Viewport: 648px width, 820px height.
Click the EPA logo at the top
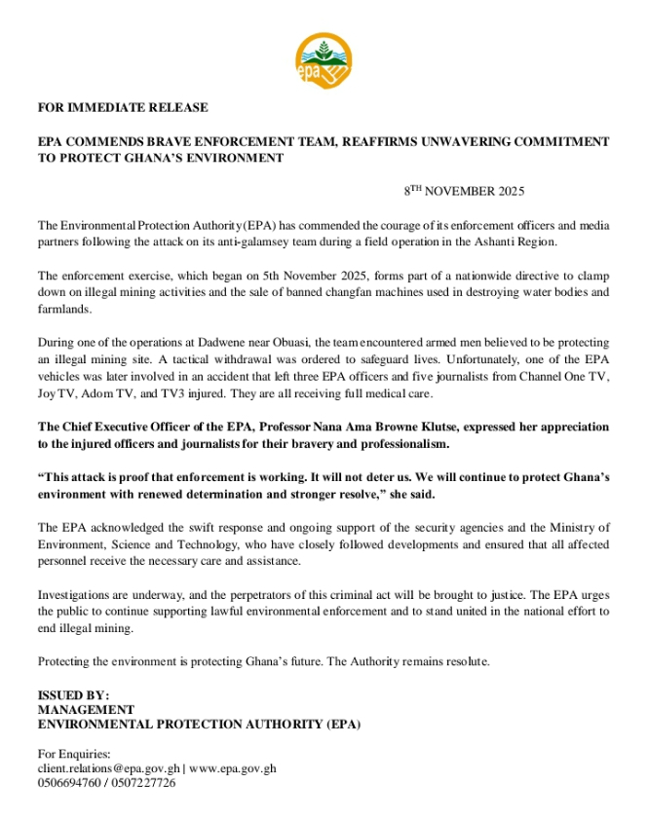click(324, 60)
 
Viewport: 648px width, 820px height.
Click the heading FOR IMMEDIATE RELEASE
click(122, 107)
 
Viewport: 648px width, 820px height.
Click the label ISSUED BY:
click(74, 695)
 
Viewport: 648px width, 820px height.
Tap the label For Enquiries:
click(74, 754)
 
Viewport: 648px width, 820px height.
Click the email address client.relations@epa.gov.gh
click(109, 768)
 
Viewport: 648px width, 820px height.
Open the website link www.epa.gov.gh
click(233, 768)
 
